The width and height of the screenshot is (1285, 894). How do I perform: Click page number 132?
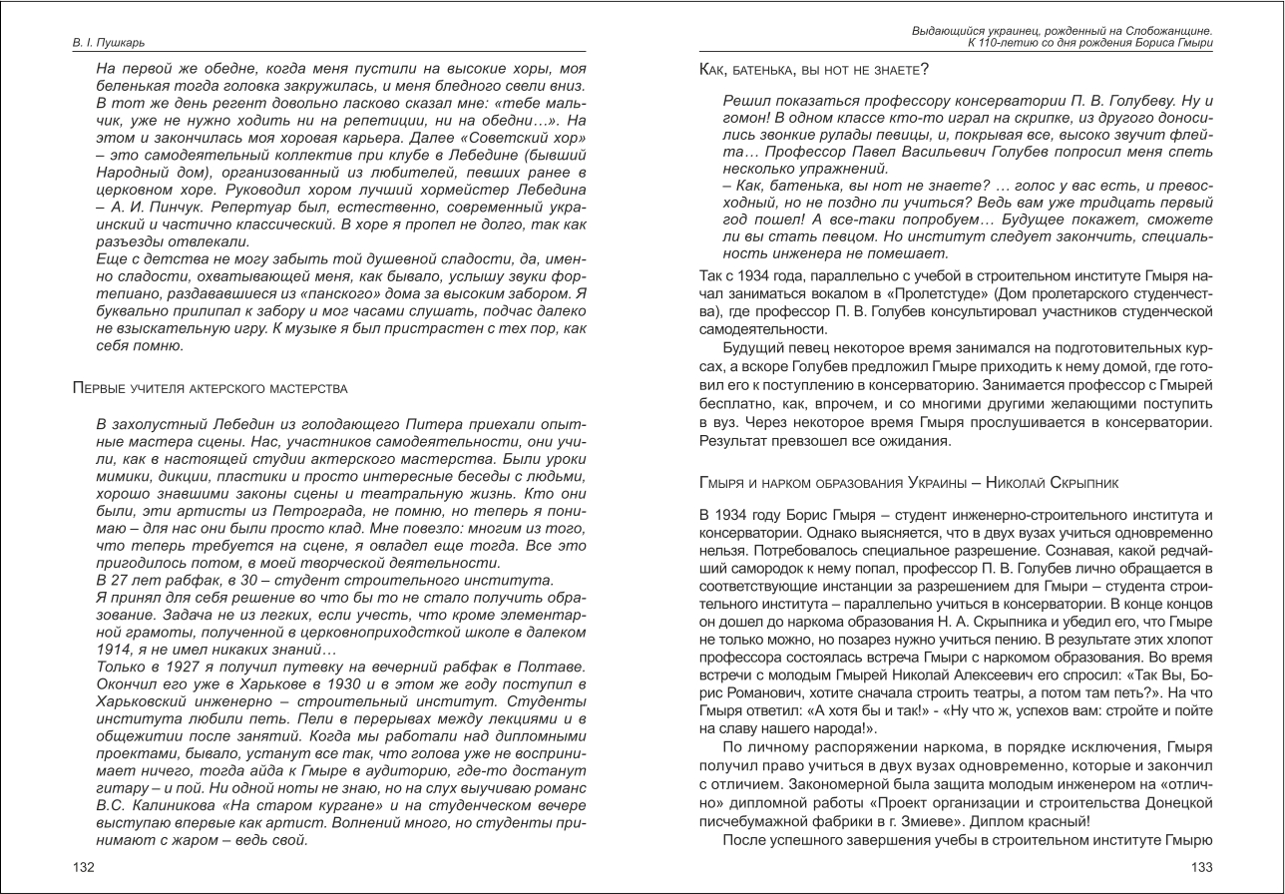pyautogui.click(x=84, y=867)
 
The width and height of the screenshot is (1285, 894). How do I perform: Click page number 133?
pyautogui.click(x=1201, y=867)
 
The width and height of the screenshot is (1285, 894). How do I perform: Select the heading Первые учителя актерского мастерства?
pyautogui.click(x=211, y=387)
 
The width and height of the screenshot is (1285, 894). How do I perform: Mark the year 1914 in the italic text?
pyautogui.click(x=118, y=650)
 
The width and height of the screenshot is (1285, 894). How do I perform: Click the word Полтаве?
pyautogui.click(x=554, y=668)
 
